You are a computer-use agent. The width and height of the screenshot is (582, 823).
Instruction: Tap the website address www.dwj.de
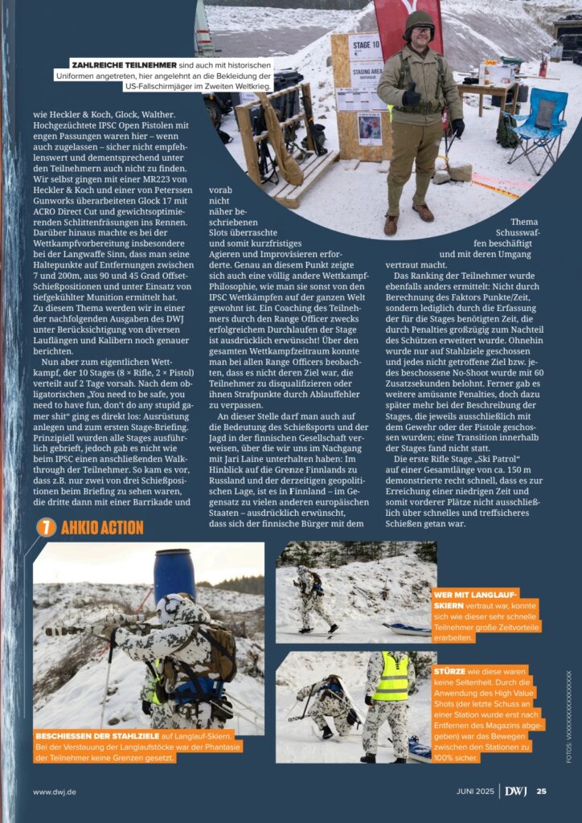pyautogui.click(x=55, y=792)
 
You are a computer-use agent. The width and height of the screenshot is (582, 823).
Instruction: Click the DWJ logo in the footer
pyautogui.click(x=517, y=792)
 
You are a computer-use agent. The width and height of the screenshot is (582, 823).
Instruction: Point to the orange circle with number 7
pyautogui.click(x=46, y=527)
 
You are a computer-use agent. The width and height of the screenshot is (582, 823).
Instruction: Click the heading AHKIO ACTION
pyautogui.click(x=102, y=528)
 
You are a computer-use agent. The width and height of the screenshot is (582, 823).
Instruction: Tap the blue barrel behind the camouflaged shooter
pyautogui.click(x=174, y=574)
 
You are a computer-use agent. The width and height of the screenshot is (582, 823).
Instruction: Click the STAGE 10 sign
pyautogui.click(x=366, y=45)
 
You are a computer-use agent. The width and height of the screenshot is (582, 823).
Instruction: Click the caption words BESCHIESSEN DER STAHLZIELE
pyautogui.click(x=98, y=735)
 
